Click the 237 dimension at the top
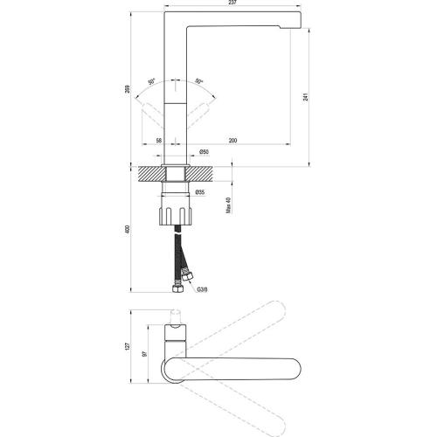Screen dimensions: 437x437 click(232, 3)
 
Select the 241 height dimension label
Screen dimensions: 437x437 click(305, 97)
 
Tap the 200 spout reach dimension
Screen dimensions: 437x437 click(232, 141)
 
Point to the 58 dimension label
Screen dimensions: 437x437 click(158, 141)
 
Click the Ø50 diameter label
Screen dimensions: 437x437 click(204, 152)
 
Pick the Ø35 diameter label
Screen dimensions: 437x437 click(200, 192)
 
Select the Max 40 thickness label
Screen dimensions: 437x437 click(228, 205)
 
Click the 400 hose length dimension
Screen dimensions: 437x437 click(127, 229)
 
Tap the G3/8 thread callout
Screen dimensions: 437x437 click(202, 289)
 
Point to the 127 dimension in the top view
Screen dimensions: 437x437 click(127, 347)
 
